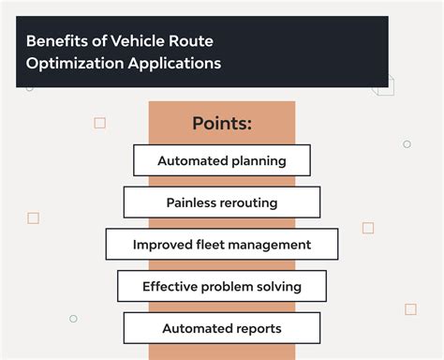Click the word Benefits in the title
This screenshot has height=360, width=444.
(55, 42)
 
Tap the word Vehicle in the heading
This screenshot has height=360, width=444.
(132, 42)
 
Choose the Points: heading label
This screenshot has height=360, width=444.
(222, 124)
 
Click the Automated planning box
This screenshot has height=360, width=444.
(222, 160)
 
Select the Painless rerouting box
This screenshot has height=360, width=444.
(222, 202)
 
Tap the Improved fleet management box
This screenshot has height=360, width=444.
(222, 245)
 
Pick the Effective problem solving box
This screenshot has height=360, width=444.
(222, 287)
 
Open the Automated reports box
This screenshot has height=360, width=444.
(222, 329)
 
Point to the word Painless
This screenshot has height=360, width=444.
(192, 202)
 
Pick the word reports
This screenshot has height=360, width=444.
(258, 329)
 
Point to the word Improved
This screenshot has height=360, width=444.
(162, 245)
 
